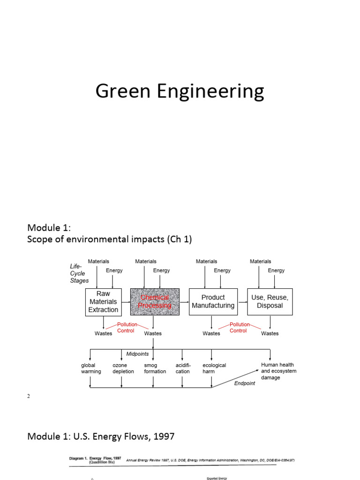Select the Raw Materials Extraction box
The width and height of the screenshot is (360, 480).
point(103,302)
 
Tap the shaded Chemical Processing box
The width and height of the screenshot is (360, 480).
point(155,302)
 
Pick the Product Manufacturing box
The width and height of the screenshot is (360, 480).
point(213,301)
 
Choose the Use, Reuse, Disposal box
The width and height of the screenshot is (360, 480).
point(270,301)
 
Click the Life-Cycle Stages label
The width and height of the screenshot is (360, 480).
point(79,273)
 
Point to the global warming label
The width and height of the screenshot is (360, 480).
point(91,368)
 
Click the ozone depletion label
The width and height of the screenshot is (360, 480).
point(123,368)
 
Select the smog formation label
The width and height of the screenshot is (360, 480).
point(155,368)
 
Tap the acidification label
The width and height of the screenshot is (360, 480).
point(183,368)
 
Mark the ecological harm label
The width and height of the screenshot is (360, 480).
point(214,368)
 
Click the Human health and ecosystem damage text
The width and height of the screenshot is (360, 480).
point(278,371)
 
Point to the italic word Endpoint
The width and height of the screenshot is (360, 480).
point(245,383)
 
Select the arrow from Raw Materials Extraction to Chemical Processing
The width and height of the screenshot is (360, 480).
point(126,302)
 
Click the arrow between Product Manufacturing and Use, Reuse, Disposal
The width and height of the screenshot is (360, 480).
point(241,302)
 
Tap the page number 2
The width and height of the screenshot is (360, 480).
point(29,396)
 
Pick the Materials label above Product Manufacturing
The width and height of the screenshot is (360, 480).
point(206,262)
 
